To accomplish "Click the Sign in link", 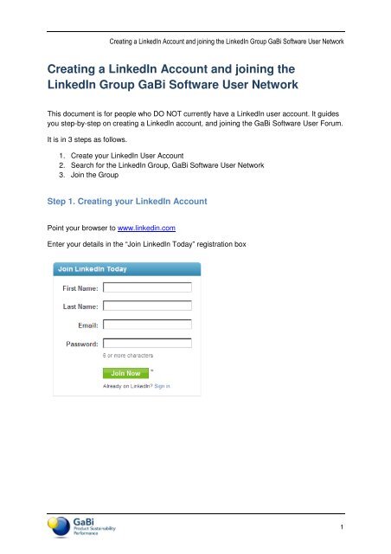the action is click(x=163, y=386).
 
